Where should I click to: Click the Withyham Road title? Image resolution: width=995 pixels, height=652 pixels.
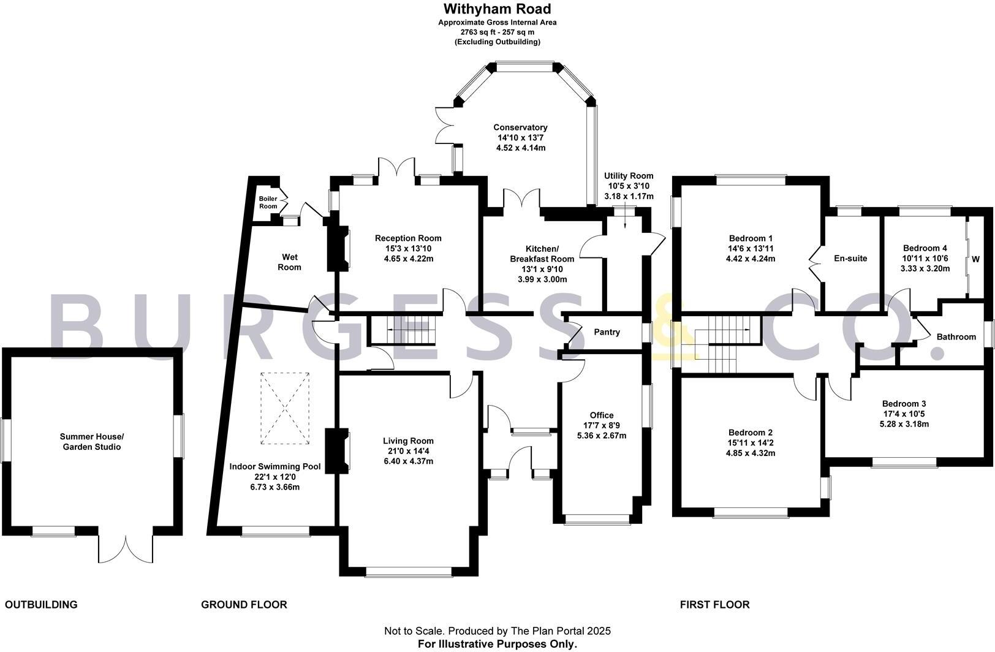click(x=497, y=9)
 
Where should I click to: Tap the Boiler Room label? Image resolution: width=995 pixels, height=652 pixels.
click(x=268, y=202)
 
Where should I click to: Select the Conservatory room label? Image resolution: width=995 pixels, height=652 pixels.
click(x=520, y=127)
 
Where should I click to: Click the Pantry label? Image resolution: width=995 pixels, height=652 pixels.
click(x=607, y=332)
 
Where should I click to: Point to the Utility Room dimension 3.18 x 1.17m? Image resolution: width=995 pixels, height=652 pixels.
click(x=629, y=197)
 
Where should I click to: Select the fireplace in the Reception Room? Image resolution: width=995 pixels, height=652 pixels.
click(x=339, y=248)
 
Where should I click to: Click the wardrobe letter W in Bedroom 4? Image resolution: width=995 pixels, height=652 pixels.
click(x=975, y=259)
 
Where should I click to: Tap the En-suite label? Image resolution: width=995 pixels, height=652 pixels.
click(x=850, y=259)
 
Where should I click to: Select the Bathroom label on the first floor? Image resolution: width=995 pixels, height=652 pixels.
click(x=956, y=337)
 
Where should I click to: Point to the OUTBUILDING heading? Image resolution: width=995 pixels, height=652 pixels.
click(x=41, y=605)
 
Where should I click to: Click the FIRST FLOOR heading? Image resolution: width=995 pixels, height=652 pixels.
click(x=714, y=605)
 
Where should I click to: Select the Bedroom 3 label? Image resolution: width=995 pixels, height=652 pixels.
click(x=904, y=404)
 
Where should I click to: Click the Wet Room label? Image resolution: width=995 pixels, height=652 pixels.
click(x=290, y=262)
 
